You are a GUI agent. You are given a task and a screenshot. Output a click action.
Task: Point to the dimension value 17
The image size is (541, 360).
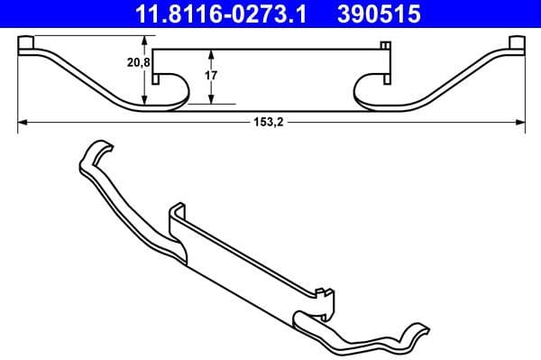coord(211,76)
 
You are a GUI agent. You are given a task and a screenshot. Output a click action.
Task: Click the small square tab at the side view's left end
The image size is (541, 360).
coord(27,43)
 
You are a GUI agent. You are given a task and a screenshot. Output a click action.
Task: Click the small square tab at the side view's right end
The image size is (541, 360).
coord(516,43)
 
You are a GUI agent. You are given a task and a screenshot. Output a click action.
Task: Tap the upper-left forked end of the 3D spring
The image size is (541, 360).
coord(93,153)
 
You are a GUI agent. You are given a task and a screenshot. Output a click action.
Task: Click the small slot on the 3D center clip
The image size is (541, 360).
coord(322,290)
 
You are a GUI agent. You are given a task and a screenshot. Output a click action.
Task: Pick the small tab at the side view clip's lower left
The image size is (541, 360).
coord(155,79)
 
